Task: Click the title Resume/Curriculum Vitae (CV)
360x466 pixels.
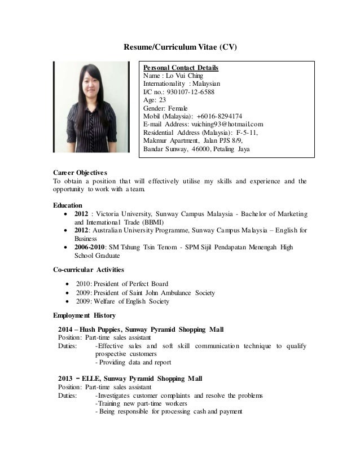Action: coord(181,47)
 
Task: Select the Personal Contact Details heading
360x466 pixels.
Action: coord(181,68)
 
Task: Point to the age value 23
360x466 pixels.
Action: coord(163,100)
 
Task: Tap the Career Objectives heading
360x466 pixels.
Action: coord(80,172)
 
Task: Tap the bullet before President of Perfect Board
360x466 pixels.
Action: coord(68,283)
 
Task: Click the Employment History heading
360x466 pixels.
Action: coord(84,315)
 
